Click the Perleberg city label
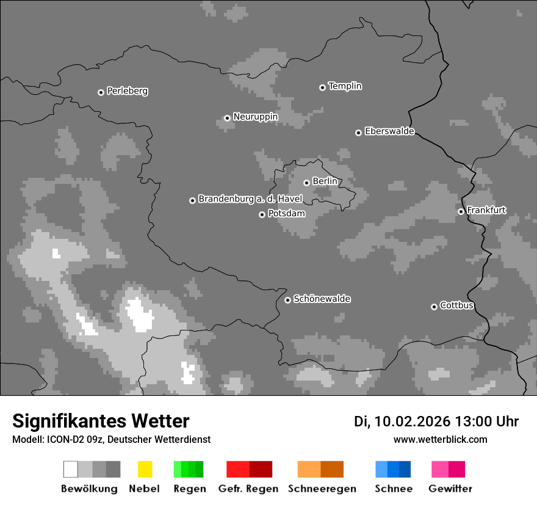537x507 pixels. [x=127, y=91]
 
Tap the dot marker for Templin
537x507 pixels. [x=322, y=87]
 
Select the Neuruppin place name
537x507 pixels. [x=255, y=117]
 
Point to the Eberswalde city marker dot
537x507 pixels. [x=358, y=133]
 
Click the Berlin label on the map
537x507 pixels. [x=325, y=181]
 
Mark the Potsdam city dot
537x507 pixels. [x=262, y=214]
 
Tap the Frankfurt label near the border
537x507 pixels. [x=486, y=210]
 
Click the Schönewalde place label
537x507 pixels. [x=322, y=299]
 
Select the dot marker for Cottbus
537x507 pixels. [x=434, y=307]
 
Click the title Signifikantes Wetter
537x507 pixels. [x=101, y=421]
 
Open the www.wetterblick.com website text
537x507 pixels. [x=440, y=439]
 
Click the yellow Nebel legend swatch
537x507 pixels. [x=145, y=469]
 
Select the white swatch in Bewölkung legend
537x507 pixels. [x=71, y=469]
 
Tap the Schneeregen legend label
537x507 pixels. [x=322, y=489]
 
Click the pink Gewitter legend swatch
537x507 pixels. [x=439, y=469]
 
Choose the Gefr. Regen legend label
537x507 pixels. [x=248, y=489]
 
